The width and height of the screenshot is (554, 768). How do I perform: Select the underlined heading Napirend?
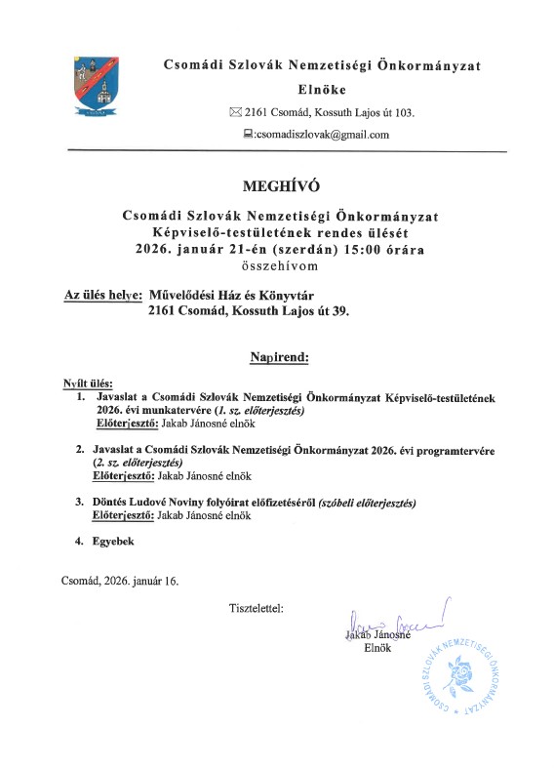click(x=279, y=358)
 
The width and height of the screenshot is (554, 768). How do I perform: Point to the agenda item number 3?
click(x=80, y=502)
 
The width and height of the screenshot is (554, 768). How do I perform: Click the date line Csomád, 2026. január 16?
click(x=120, y=581)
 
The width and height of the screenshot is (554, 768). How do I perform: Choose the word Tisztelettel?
click(x=257, y=608)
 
